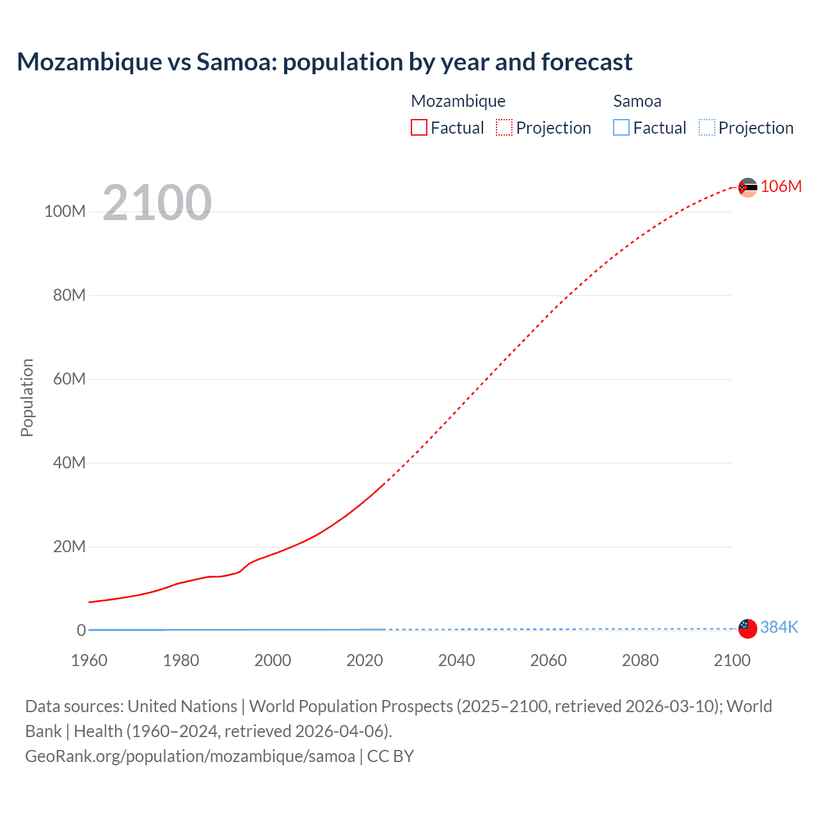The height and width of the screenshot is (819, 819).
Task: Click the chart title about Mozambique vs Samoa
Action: pyautogui.click(x=324, y=62)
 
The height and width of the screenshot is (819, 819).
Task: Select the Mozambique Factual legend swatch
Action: pyautogui.click(x=418, y=127)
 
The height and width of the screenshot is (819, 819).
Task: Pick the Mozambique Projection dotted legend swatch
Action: pyautogui.click(x=504, y=127)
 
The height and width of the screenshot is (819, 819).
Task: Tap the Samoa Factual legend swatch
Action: pyautogui.click(x=621, y=127)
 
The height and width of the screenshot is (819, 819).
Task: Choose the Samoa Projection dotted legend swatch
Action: pyautogui.click(x=706, y=127)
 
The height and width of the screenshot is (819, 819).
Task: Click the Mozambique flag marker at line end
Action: pyautogui.click(x=747, y=187)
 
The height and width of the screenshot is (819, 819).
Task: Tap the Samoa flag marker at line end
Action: pyautogui.click(x=747, y=628)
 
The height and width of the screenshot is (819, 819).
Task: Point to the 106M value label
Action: pyautogui.click(x=781, y=186)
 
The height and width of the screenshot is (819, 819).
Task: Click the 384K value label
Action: pyautogui.click(x=779, y=627)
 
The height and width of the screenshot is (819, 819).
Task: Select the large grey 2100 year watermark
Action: pyautogui.click(x=157, y=203)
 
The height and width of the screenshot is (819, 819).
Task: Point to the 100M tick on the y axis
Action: pyautogui.click(x=65, y=212)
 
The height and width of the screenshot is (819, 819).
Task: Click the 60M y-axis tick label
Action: pyautogui.click(x=68, y=379)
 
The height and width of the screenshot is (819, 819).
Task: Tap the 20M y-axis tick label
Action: pyautogui.click(x=68, y=546)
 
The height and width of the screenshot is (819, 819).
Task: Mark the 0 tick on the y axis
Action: pyautogui.click(x=81, y=630)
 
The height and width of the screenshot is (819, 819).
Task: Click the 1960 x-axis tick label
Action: pyautogui.click(x=89, y=660)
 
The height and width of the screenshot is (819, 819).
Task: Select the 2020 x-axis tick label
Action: pyautogui.click(x=364, y=660)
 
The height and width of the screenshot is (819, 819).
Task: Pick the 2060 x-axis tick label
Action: pyautogui.click(x=548, y=660)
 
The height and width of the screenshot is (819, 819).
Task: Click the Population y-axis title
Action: pyautogui.click(x=27, y=397)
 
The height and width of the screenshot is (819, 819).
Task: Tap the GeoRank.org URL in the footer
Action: pyautogui.click(x=190, y=756)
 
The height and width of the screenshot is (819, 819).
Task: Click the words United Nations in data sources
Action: pyautogui.click(x=182, y=706)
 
